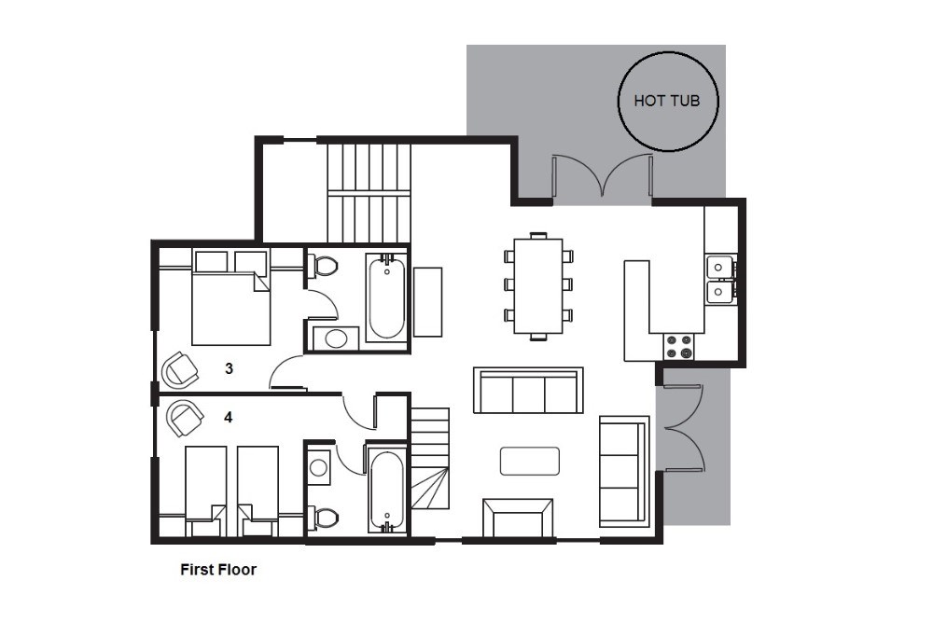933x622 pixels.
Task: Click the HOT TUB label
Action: click(666, 101)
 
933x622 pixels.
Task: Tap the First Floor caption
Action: click(218, 569)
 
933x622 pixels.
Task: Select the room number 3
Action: click(230, 368)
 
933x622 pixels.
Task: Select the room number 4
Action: click(228, 418)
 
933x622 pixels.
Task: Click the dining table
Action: click(538, 286)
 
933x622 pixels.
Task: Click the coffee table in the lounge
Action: click(530, 461)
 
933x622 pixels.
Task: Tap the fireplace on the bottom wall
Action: click(518, 518)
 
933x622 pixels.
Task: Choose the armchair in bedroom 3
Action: click(179, 369)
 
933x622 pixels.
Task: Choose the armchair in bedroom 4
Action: click(185, 418)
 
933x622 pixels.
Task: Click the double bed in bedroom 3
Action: click(230, 297)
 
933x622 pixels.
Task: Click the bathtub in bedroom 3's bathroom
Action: click(386, 297)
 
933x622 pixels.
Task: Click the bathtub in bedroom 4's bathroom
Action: click(387, 489)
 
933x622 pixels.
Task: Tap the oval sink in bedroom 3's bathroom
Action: click(336, 339)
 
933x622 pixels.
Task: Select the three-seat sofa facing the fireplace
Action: click(528, 390)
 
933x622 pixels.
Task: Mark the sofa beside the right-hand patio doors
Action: click(623, 472)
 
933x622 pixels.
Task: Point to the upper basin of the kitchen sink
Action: click(719, 267)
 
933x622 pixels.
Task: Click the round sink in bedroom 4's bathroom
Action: click(318, 467)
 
